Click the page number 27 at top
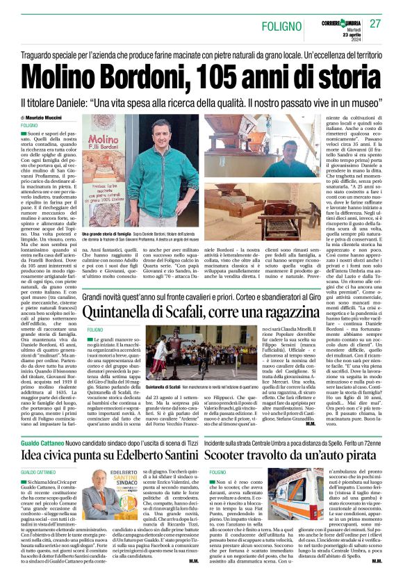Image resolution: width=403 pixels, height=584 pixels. [x=375, y=23]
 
